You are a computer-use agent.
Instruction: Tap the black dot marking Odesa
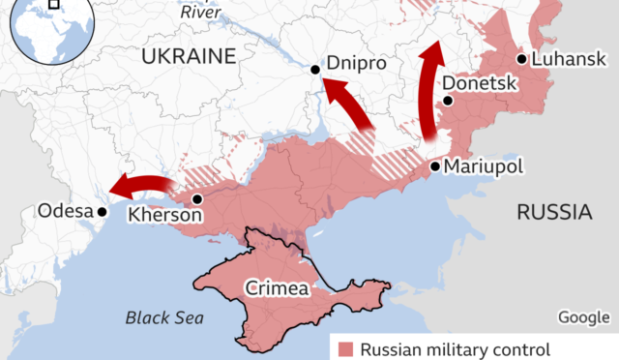click(100, 211)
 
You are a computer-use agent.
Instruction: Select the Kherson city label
click(165, 215)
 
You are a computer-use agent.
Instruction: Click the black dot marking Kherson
click(197, 199)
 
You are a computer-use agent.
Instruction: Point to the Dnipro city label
click(357, 63)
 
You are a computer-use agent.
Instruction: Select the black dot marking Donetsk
click(447, 100)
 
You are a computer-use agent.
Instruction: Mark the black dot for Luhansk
click(521, 59)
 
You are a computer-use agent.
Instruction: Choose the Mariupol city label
click(484, 166)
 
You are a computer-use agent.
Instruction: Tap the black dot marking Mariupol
click(435, 166)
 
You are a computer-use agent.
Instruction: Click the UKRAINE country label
click(189, 56)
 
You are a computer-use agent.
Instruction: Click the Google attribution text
click(583, 317)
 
